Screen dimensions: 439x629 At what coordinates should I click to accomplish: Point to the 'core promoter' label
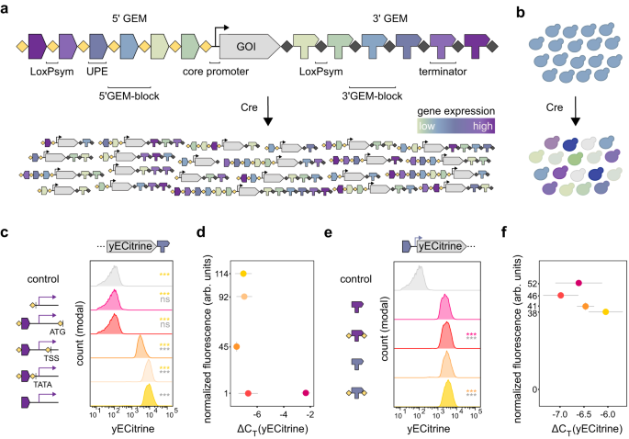pos(208,70)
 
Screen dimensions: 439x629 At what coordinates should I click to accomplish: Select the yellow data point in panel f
pos(605,312)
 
